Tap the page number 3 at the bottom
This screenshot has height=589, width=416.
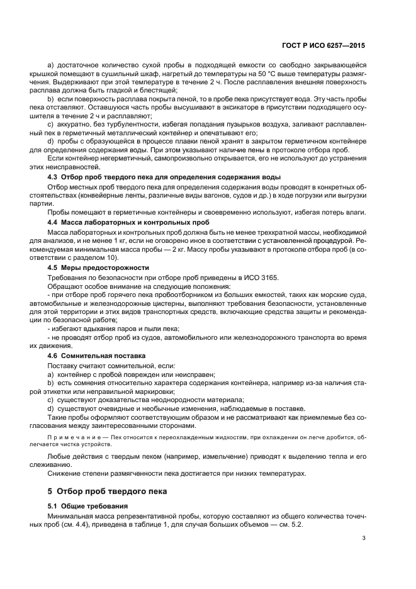point(363,537)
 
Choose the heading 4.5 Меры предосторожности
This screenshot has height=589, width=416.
point(95,267)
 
